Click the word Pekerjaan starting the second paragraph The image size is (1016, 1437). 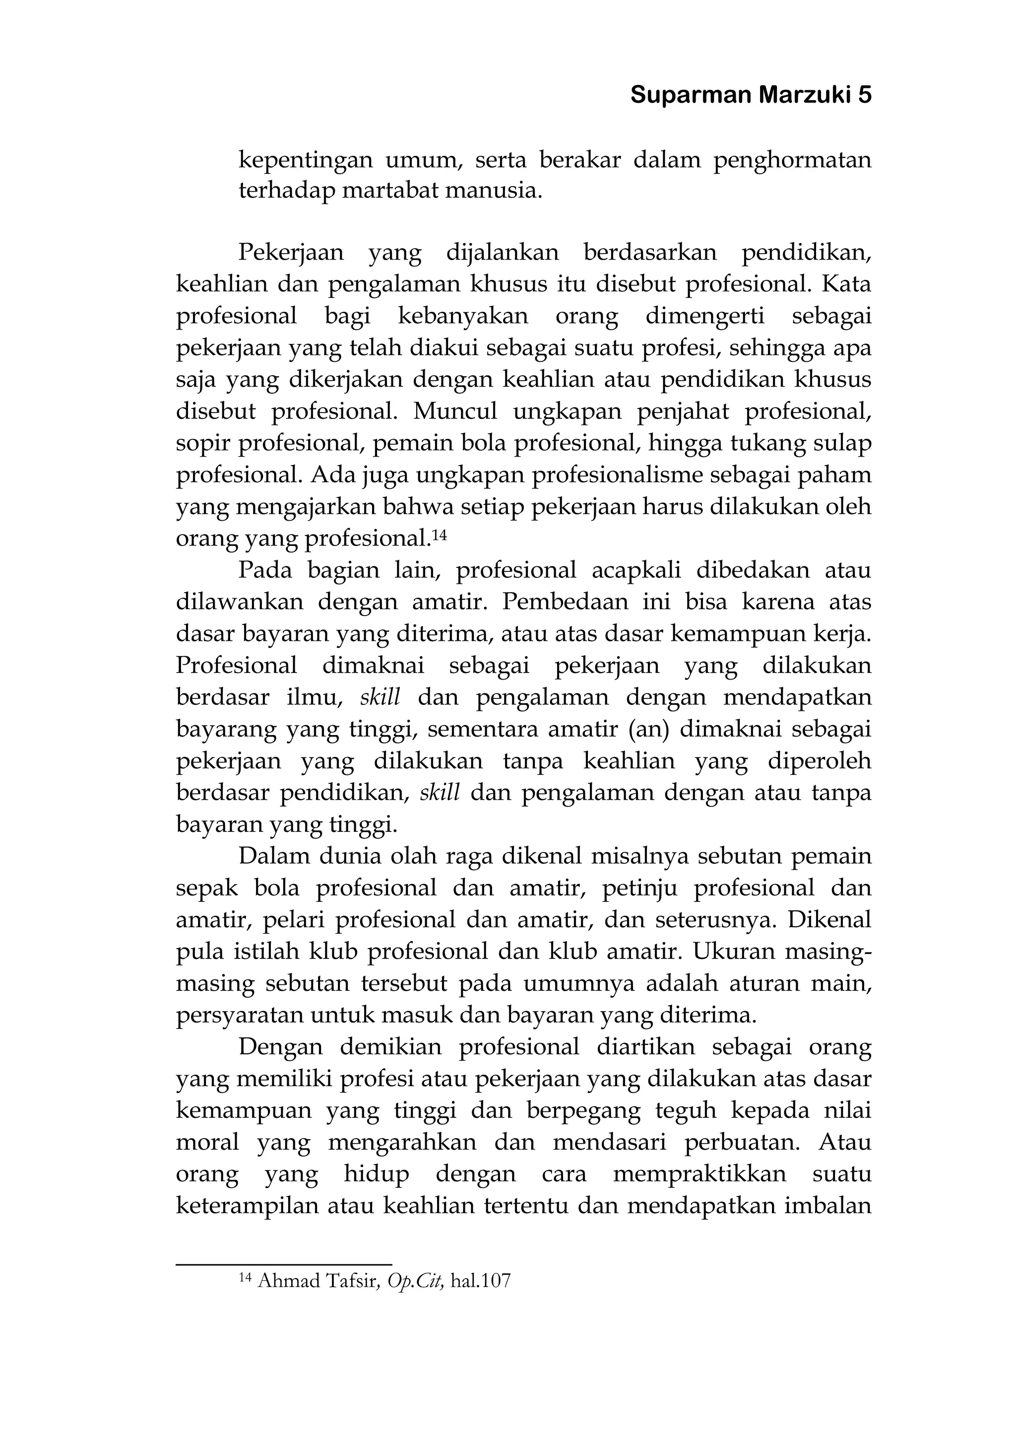pos(291,253)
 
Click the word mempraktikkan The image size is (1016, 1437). pos(699,1173)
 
